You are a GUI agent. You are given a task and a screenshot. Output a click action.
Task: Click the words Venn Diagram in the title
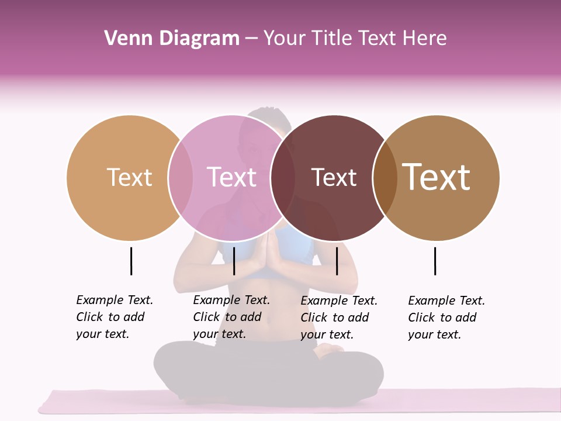pos(172,39)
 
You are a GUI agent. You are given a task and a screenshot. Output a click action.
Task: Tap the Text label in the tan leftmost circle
pos(129,177)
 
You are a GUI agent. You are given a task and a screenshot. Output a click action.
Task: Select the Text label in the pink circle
pos(231,177)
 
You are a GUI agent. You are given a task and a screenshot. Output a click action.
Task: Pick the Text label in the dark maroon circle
pos(334,177)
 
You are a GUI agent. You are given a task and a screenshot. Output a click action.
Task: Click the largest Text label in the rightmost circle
pos(437,177)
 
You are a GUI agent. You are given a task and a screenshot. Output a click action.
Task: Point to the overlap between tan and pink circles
pos(181,177)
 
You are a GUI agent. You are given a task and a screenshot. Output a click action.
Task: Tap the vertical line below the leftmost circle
pos(131,261)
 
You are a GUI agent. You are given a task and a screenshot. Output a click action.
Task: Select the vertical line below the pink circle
pos(234,261)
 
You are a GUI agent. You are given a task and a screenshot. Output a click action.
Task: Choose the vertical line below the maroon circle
pos(337,261)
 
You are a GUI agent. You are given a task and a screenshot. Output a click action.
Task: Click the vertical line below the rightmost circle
pos(435,261)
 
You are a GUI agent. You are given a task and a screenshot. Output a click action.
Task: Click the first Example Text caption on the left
pos(115,317)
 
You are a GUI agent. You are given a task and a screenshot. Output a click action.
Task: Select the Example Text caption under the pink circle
pos(231,317)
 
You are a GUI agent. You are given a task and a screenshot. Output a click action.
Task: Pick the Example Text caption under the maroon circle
pos(339,318)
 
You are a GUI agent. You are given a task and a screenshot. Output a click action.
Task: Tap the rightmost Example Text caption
pos(446,318)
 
